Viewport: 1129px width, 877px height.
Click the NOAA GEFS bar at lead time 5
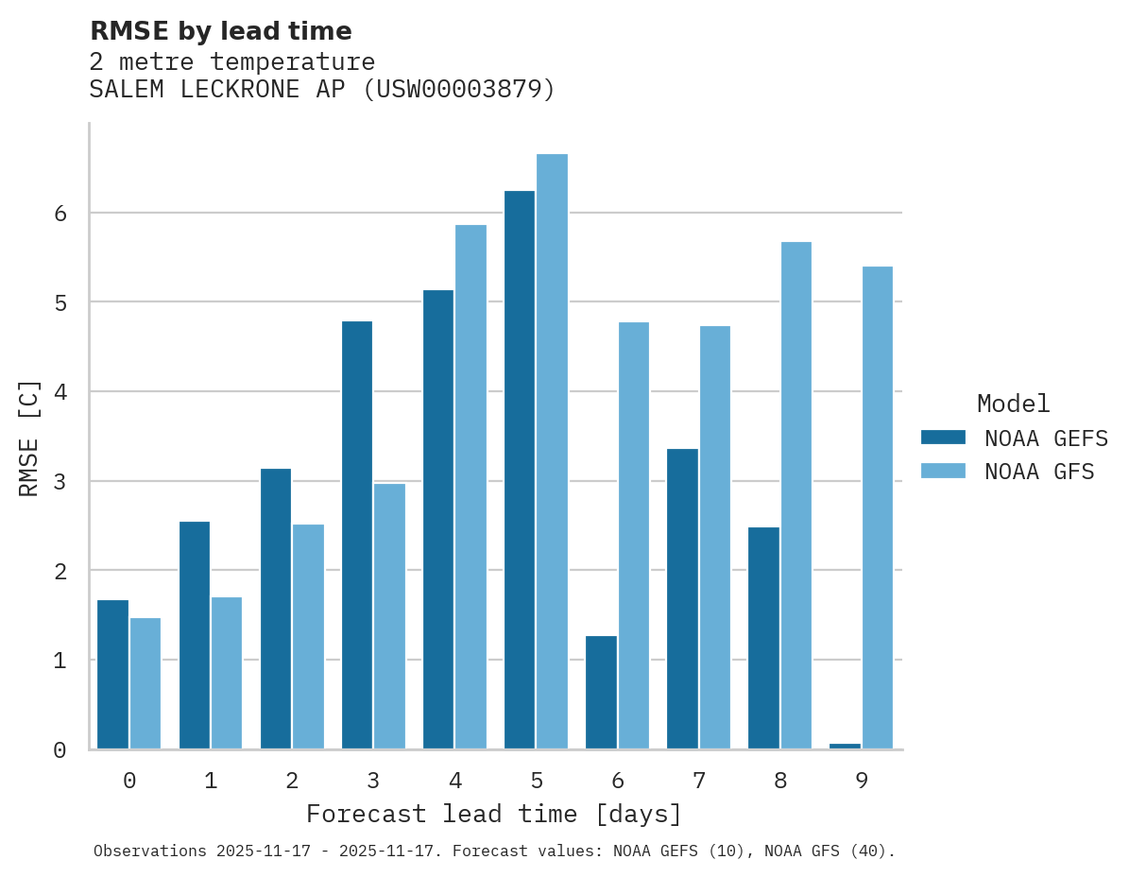[520, 470]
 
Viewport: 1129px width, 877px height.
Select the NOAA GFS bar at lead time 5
[552, 452]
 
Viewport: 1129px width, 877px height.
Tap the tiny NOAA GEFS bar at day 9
[845, 746]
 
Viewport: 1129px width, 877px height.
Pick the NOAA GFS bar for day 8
[795, 495]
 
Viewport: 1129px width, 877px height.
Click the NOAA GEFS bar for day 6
[601, 693]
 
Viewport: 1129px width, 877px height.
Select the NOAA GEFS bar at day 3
[357, 535]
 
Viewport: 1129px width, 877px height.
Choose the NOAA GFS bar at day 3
[389, 616]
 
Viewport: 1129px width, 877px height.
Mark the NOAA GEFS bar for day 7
[682, 599]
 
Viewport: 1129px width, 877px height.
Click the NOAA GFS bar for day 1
[227, 673]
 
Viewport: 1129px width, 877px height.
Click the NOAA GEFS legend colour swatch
[943, 438]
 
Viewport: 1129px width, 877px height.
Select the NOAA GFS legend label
[1039, 472]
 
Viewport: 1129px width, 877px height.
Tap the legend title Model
[1014, 404]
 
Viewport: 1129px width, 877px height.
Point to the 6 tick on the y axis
[60, 214]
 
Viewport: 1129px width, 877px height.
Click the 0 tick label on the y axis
[60, 750]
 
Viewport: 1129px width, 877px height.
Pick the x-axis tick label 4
[455, 782]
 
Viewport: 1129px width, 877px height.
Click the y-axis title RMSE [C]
[29, 438]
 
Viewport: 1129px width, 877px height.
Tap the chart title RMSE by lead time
[221, 31]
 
